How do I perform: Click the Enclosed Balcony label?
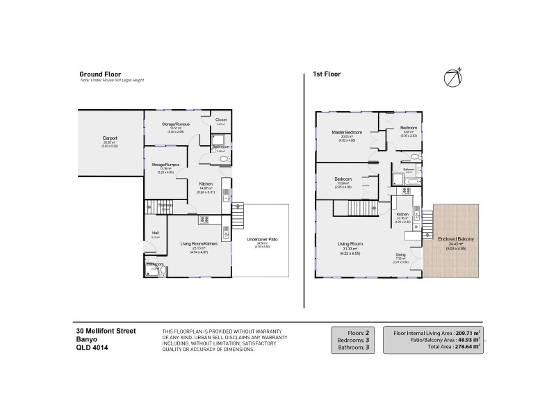(x=456, y=238)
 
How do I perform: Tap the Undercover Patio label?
(x=262, y=239)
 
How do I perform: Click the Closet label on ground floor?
(x=221, y=120)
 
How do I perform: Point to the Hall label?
(x=156, y=233)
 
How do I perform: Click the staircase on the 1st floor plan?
(x=362, y=207)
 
